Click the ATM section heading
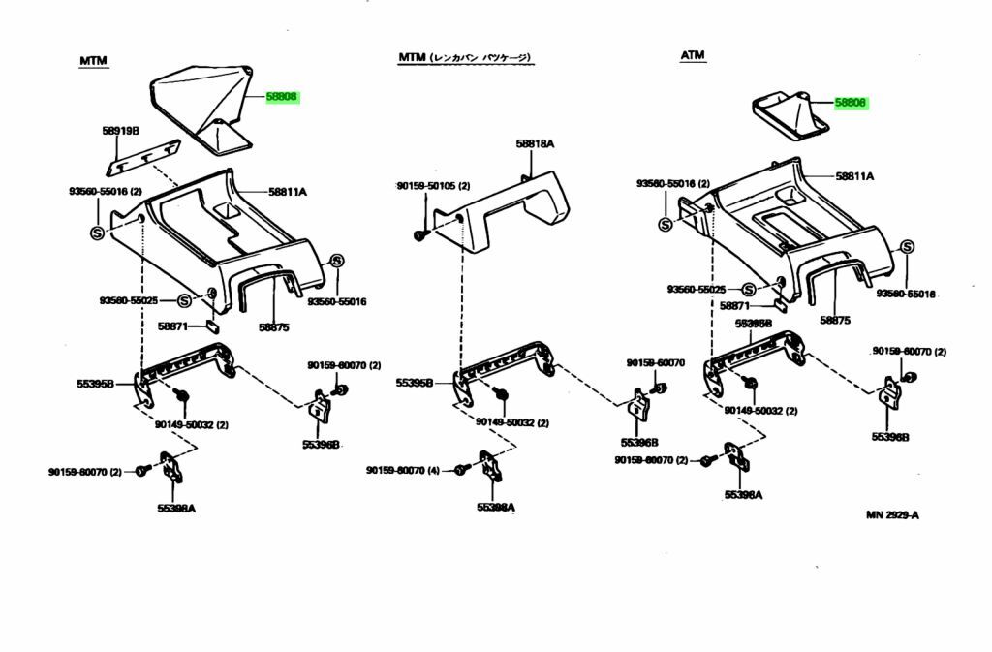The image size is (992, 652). point(692,55)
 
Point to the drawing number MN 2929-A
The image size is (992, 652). point(892,514)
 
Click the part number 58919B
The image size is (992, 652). point(121,130)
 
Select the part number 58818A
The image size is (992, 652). point(535,143)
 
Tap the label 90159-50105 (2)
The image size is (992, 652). point(432,186)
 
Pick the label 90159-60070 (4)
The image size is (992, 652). point(403,471)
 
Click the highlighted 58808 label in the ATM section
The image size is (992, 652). point(851,102)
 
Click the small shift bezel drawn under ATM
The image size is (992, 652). point(786,115)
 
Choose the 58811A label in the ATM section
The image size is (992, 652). point(855,176)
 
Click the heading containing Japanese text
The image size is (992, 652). point(465,58)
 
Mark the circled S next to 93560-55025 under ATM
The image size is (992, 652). point(749,290)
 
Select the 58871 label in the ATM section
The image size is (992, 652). point(734,305)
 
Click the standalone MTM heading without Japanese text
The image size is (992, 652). point(93,61)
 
